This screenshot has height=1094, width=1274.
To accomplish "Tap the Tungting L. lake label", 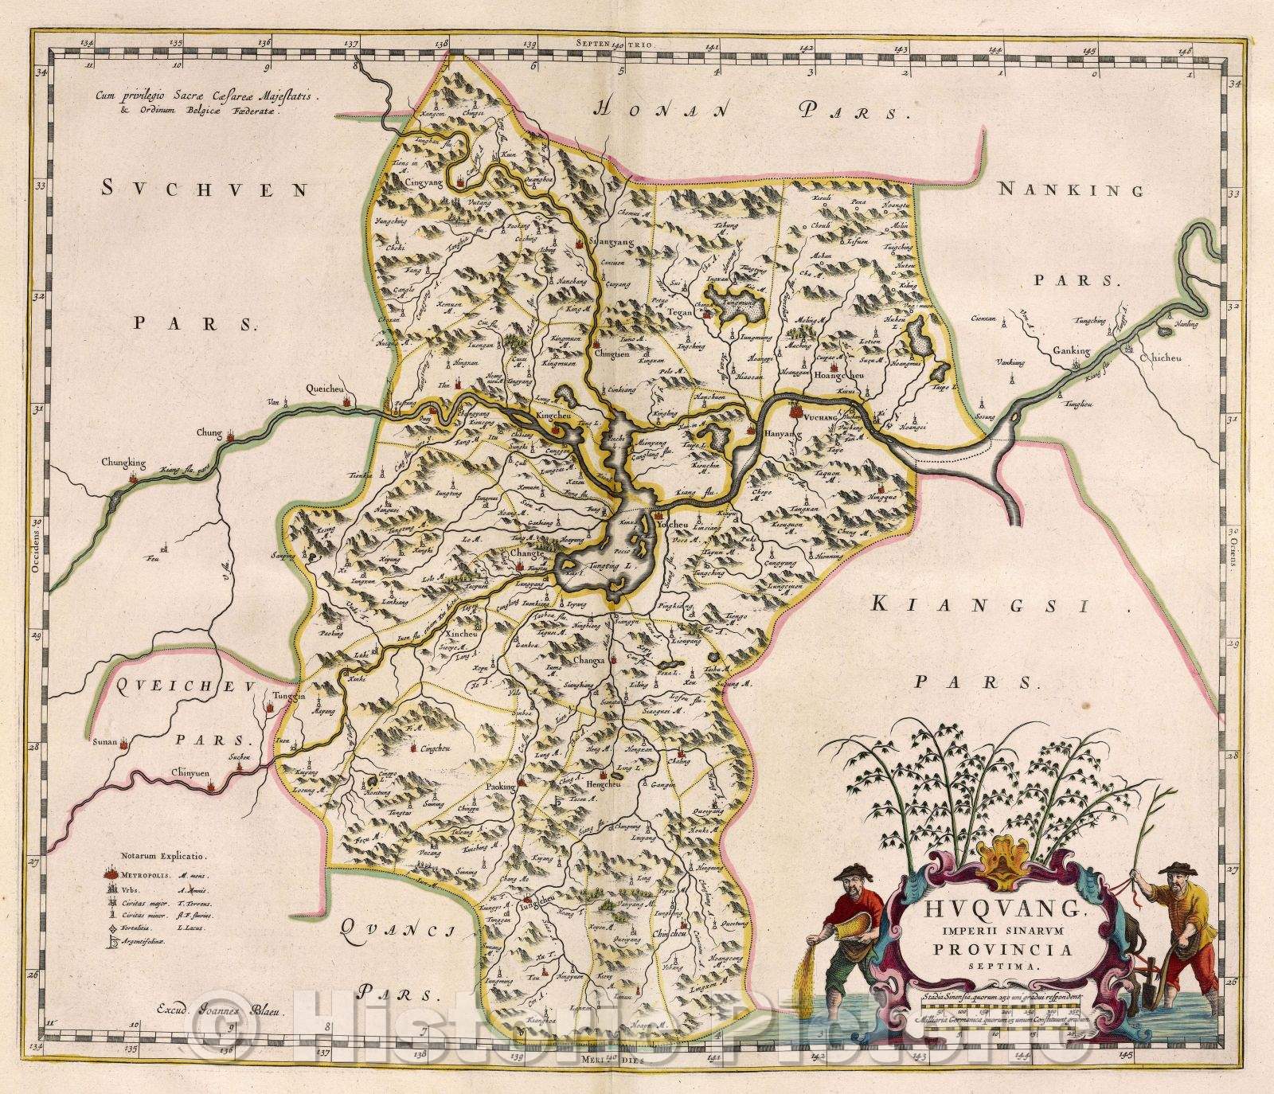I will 609,566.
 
